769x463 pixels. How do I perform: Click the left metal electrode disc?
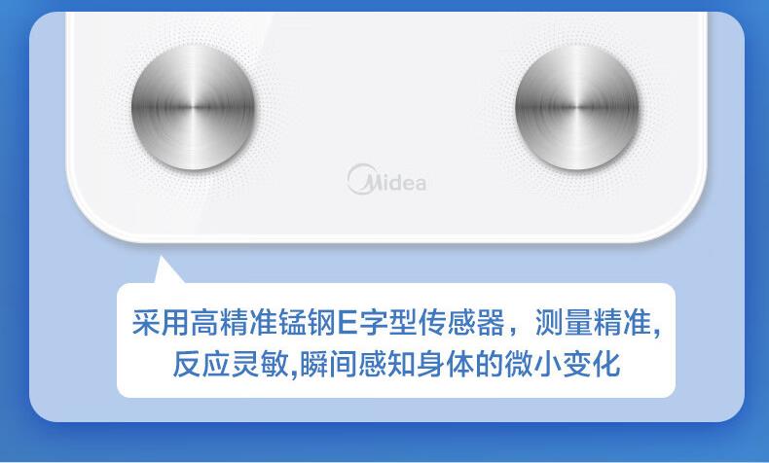tap(194, 107)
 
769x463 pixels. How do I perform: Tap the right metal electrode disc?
tap(577, 107)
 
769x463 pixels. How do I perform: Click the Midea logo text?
tap(387, 179)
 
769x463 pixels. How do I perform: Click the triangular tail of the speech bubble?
tap(165, 271)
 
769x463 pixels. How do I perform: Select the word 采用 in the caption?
tap(161, 322)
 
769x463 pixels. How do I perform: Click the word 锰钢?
tap(308, 322)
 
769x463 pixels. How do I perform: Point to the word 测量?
tap(564, 322)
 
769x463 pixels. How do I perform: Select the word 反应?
tap(201, 364)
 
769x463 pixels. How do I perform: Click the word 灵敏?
tap(260, 364)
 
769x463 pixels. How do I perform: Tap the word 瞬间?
tap(328, 364)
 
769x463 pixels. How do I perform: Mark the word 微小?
tap(533, 364)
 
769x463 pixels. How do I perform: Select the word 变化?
tap(592, 364)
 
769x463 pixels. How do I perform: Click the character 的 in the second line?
tap(490, 364)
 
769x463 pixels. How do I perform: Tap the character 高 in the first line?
tap(204, 322)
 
